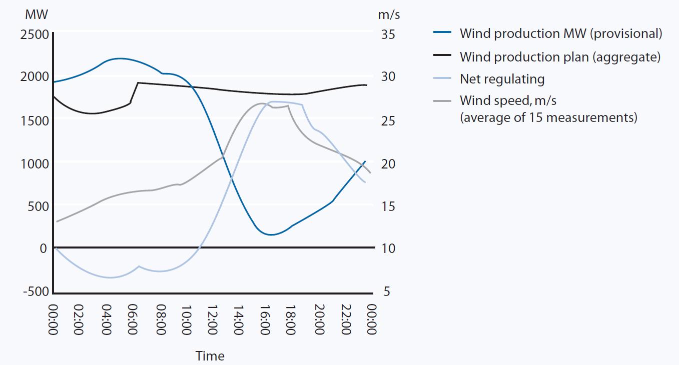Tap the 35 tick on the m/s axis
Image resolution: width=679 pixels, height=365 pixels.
(389, 34)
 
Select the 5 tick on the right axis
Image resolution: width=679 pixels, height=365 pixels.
(386, 291)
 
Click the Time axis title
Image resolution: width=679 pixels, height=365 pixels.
(210, 356)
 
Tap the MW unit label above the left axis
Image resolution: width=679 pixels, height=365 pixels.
(37, 14)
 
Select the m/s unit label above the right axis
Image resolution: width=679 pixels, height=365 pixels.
(389, 14)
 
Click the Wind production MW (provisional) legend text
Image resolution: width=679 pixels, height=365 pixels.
(560, 33)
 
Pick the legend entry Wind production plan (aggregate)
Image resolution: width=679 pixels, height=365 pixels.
(560, 56)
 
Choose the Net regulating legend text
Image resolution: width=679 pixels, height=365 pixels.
(502, 79)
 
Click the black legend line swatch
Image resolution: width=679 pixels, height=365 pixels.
(442, 56)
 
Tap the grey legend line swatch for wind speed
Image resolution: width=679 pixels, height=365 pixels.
(442, 100)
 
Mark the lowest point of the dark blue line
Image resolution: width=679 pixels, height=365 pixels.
(271, 234)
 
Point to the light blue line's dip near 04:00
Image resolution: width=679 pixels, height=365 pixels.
(110, 277)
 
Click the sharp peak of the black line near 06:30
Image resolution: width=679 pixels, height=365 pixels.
(138, 82)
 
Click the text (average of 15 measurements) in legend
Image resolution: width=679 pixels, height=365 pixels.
(548, 118)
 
